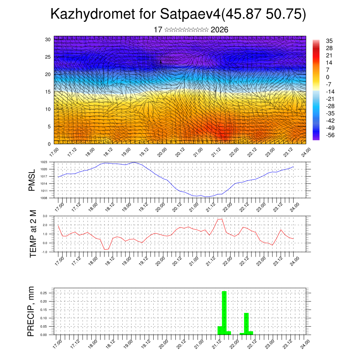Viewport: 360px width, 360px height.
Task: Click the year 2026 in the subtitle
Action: [219, 30]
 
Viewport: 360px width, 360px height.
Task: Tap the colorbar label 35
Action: [329, 41]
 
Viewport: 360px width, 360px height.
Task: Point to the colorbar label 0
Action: [328, 77]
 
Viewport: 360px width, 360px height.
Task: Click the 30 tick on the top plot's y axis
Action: [48, 39]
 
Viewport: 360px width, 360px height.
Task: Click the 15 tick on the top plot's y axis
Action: [48, 92]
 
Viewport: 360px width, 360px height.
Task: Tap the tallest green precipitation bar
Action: [224, 311]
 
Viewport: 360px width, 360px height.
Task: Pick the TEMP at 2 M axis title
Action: [33, 234]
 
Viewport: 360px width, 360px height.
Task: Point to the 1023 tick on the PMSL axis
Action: [44, 162]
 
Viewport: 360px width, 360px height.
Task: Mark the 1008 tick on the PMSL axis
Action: [44, 198]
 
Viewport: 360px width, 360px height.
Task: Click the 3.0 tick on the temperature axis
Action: [45, 216]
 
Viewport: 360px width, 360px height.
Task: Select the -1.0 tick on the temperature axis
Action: [44, 252]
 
